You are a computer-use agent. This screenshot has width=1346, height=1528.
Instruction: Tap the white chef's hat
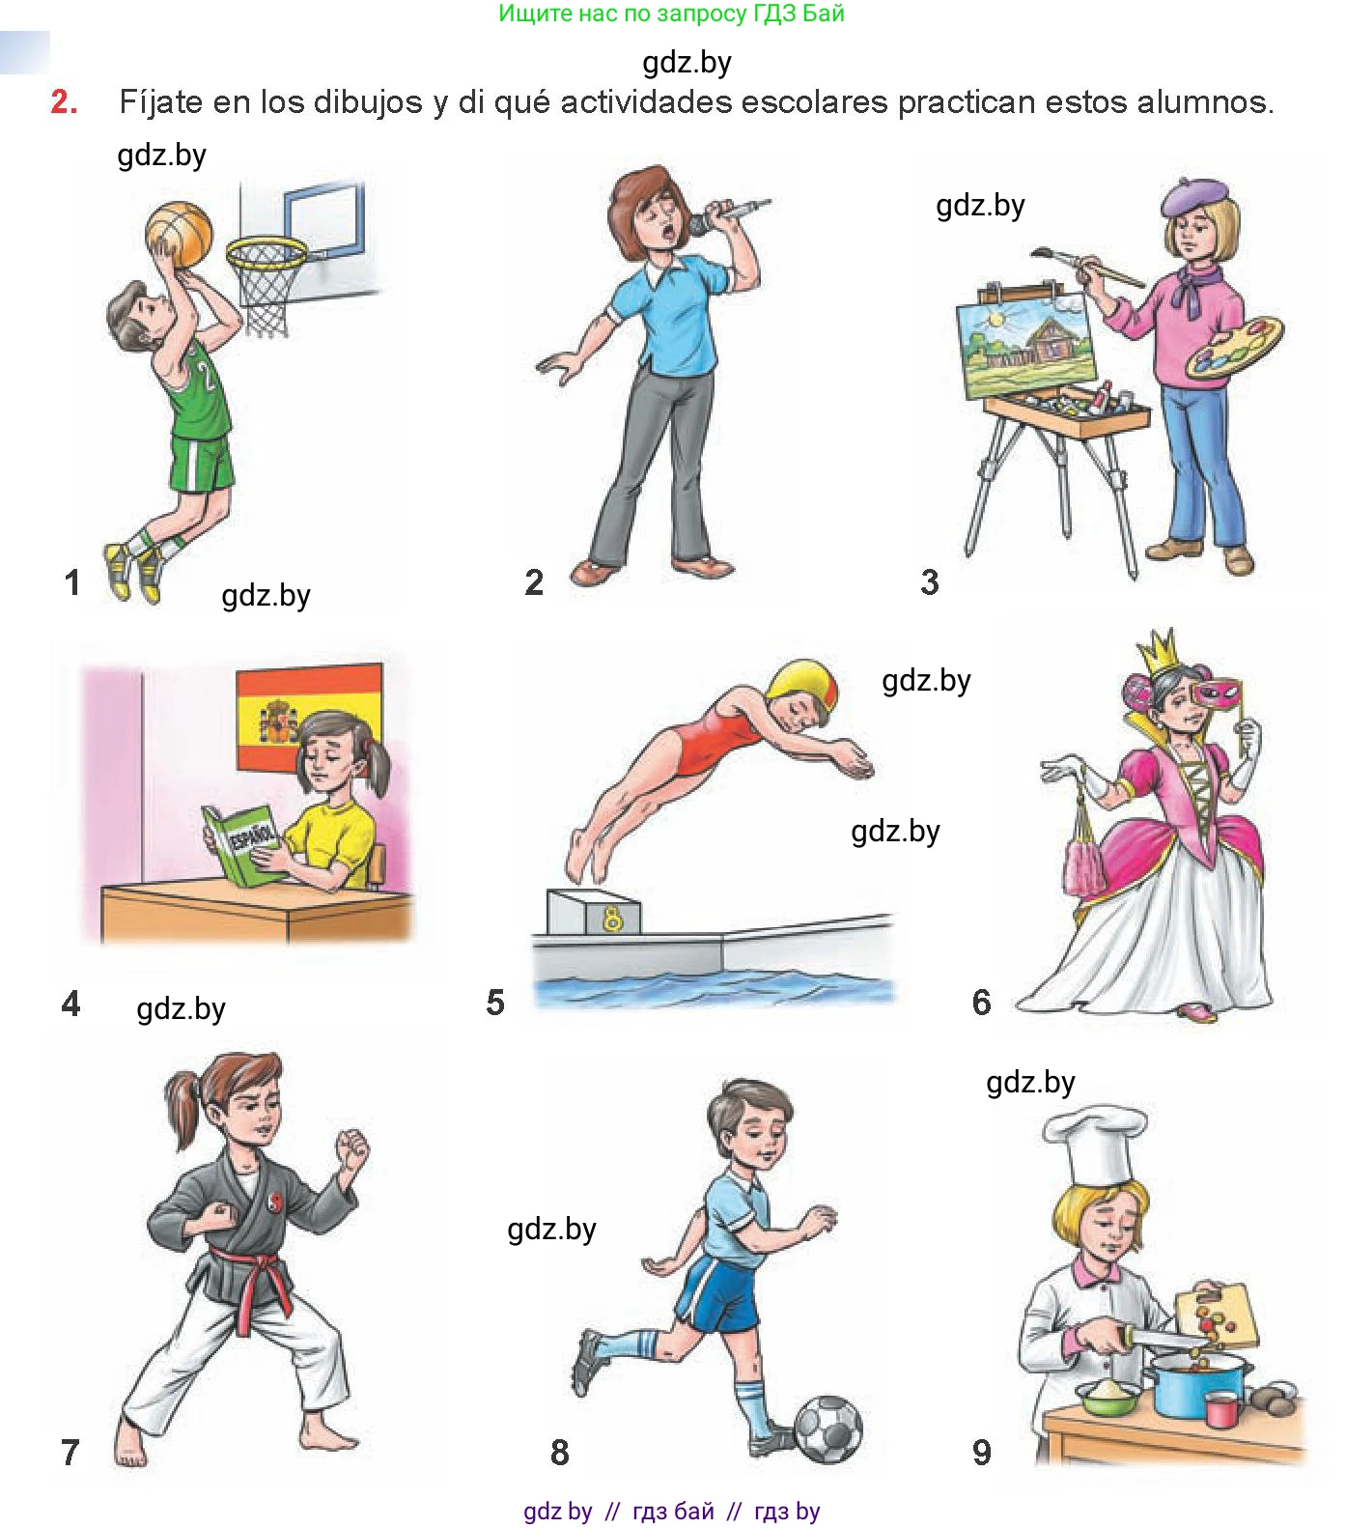point(1097,1145)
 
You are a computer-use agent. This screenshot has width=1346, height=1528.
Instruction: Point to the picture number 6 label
point(981,1002)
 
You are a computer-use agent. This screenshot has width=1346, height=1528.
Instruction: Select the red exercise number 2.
point(64,101)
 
